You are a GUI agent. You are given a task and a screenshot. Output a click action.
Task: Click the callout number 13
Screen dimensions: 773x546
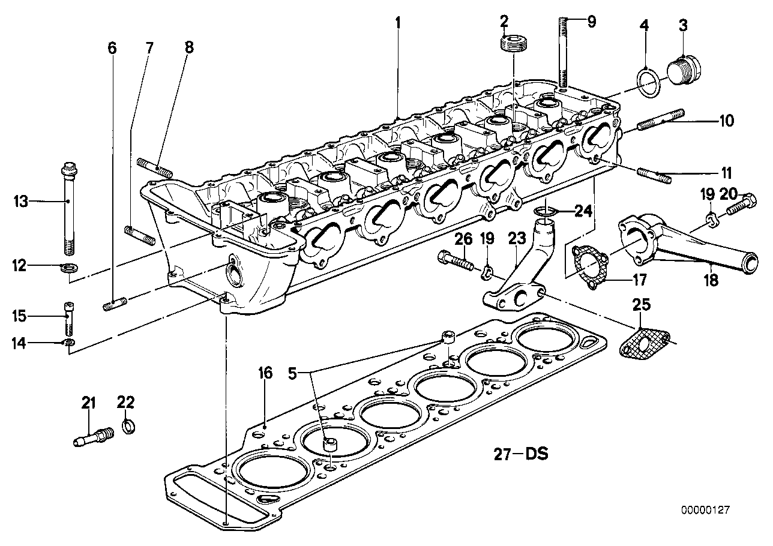pyautogui.click(x=20, y=201)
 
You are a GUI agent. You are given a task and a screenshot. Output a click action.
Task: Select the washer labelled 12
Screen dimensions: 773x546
pyautogui.click(x=69, y=268)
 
